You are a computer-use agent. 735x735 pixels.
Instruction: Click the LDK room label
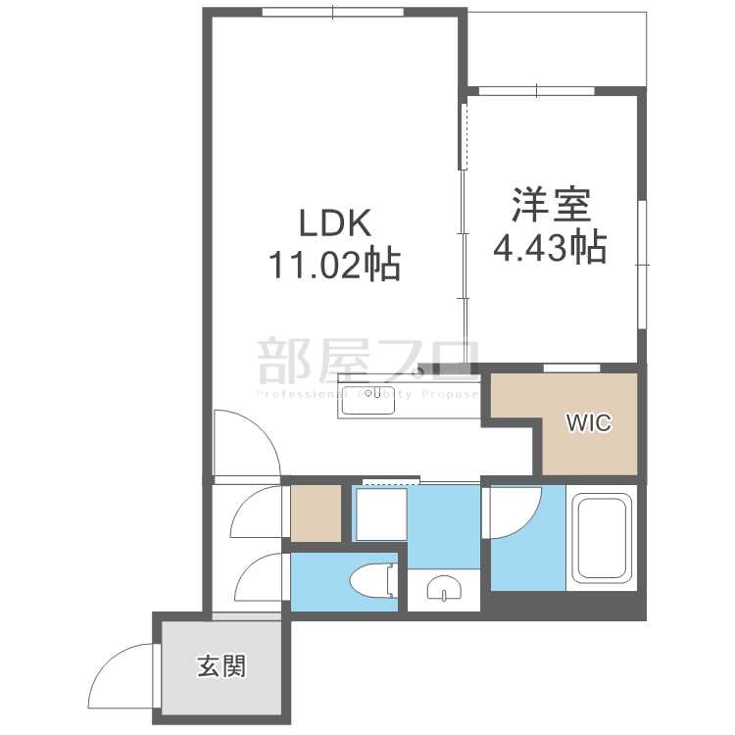pos(333,224)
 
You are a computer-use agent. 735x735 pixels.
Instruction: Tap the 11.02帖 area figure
pos(333,265)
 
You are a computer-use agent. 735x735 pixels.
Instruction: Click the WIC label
pos(588,423)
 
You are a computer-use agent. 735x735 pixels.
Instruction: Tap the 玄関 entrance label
pos(220,668)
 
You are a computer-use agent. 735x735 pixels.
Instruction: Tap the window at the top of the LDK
pos(333,12)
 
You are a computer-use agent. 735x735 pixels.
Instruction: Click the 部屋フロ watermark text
pos(367,361)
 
